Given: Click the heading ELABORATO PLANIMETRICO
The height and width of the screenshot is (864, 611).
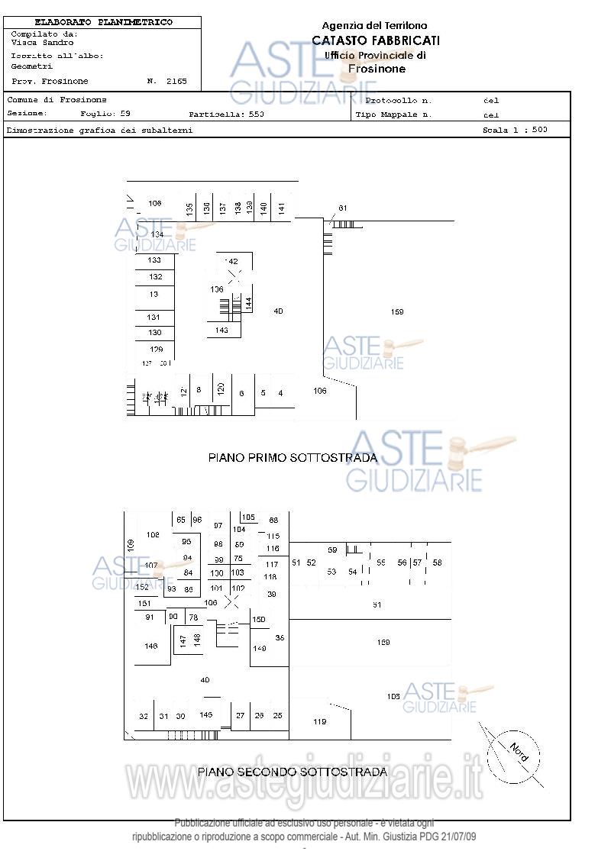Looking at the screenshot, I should pyautogui.click(x=104, y=23).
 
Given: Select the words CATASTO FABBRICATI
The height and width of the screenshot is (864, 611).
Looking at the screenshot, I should pyautogui.click(x=376, y=40).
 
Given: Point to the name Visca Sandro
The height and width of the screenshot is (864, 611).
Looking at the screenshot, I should pyautogui.click(x=43, y=43).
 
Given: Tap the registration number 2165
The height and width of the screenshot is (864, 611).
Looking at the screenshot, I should pyautogui.click(x=177, y=81).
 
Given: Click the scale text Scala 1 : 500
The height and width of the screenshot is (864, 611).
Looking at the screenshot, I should pyautogui.click(x=515, y=130).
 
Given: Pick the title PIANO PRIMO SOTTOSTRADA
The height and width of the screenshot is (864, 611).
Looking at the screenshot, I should pyautogui.click(x=293, y=458).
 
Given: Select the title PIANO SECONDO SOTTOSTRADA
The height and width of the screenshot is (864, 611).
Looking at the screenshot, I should pyautogui.click(x=292, y=772).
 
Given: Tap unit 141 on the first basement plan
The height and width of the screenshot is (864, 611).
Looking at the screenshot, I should pyautogui.click(x=282, y=207).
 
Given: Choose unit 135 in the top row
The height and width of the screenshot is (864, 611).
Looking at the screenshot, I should pyautogui.click(x=189, y=208).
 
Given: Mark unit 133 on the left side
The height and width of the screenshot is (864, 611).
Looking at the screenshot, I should pyautogui.click(x=155, y=260).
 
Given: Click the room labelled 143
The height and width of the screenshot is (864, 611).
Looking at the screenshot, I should pyautogui.click(x=221, y=330).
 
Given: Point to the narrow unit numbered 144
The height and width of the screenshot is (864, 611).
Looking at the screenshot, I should pyautogui.click(x=248, y=303).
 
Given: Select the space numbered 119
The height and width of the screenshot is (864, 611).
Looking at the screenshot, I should pyautogui.click(x=319, y=721).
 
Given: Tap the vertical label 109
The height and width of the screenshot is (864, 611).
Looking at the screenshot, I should pyautogui.click(x=131, y=545).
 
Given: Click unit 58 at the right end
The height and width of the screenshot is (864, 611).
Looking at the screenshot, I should pyautogui.click(x=437, y=563).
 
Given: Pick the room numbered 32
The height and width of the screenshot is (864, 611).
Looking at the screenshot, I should pyautogui.click(x=144, y=716).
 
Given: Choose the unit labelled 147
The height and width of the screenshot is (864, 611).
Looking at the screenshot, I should pyautogui.click(x=183, y=640).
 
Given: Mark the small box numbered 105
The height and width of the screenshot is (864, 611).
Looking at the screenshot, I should pyautogui.click(x=248, y=517).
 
